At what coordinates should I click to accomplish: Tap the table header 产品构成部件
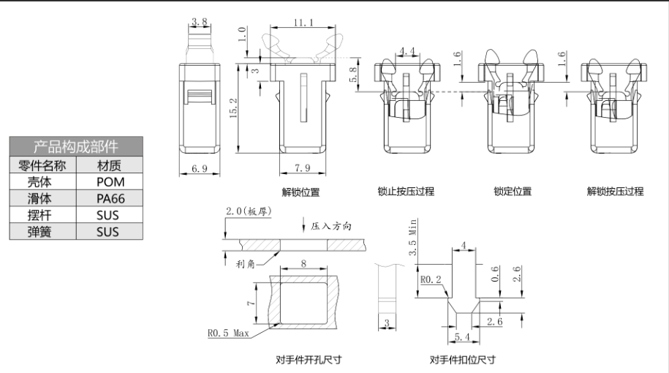coord(76,146)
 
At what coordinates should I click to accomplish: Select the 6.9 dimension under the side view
coord(199,169)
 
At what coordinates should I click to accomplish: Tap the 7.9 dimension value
coord(301,169)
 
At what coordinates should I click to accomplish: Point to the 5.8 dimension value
coord(354,74)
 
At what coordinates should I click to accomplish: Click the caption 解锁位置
coord(301,192)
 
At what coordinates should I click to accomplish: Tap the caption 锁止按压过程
coord(406,192)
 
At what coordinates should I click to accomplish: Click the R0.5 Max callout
coord(228,333)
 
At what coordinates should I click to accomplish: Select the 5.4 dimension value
coord(462,336)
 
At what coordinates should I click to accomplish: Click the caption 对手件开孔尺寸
coord(309,360)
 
